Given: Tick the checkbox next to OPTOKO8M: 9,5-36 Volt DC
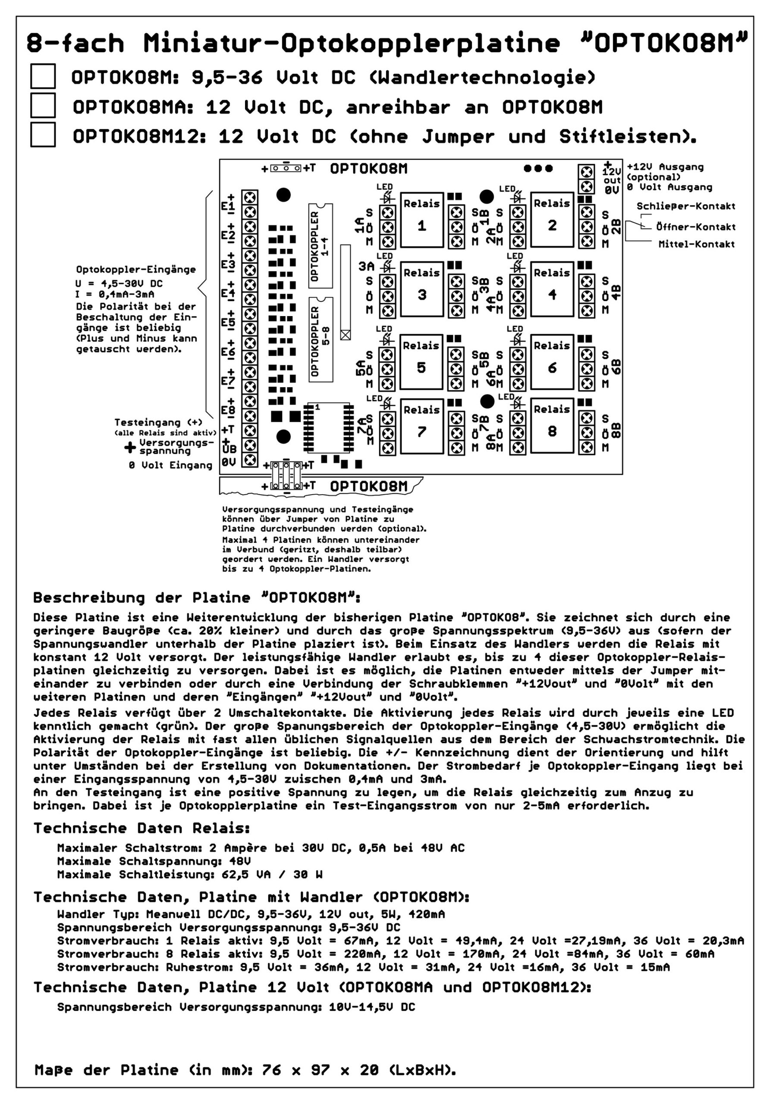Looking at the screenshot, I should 43,76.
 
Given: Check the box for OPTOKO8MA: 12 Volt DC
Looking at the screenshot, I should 43,105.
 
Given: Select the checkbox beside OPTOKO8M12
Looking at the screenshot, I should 43,135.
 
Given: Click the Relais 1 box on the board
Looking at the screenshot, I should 421,220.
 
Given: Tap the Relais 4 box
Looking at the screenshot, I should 552,289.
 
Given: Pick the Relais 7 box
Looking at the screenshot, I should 421,426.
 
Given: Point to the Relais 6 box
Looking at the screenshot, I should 552,362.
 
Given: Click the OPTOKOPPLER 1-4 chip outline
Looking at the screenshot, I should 321,246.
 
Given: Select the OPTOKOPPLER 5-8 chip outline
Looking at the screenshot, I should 321,339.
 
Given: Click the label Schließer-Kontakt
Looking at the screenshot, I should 685,206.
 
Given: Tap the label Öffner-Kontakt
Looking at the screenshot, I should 695,227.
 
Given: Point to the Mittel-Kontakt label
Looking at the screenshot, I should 696,244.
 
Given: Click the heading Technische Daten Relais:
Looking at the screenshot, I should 141,828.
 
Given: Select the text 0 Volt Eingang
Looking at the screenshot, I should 170,465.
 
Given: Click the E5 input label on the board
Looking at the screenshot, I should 228,322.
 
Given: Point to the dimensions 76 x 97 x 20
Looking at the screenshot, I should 321,1070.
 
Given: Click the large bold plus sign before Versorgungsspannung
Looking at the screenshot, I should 130,447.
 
